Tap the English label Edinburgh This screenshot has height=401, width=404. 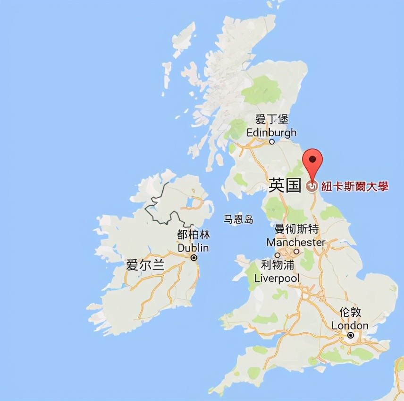click(x=271, y=132)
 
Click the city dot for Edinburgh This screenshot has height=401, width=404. click(x=272, y=141)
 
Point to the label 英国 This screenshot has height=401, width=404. click(x=285, y=185)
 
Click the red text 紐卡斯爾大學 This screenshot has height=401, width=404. click(x=355, y=186)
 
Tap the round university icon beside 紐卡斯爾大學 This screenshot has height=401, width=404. click(x=312, y=187)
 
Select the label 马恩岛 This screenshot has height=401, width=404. click(x=238, y=219)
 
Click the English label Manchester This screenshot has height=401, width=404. click(x=296, y=242)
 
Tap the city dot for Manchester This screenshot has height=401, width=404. click(x=296, y=252)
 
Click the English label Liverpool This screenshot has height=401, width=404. click(x=277, y=278)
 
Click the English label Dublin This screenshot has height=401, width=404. click(x=193, y=247)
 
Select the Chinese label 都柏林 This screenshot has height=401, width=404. click(x=193, y=235)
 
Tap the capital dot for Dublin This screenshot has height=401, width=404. click(x=194, y=258)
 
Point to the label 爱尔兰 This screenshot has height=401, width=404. click(x=145, y=265)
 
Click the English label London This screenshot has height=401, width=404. click(x=350, y=325)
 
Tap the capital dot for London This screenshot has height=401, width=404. click(x=350, y=335)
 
